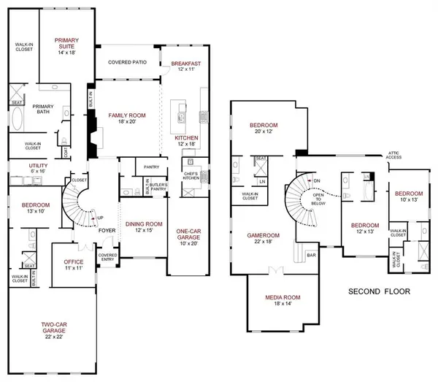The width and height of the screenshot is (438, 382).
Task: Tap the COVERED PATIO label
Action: pyautogui.click(x=128, y=63)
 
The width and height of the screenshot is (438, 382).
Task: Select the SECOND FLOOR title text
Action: pyautogui.click(x=379, y=291)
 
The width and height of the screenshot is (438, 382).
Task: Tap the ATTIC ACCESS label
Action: pyautogui.click(x=396, y=156)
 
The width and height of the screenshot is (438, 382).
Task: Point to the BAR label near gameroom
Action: pyautogui.click(x=311, y=256)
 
